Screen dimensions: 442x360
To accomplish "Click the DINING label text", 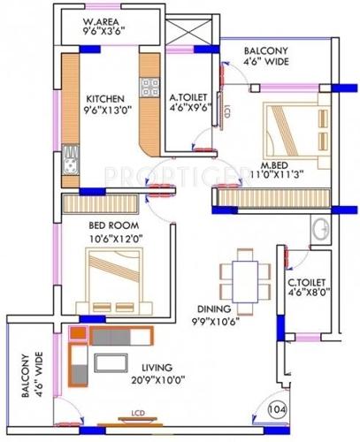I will tap(215, 309).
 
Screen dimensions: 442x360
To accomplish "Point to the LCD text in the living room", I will tap(136, 413).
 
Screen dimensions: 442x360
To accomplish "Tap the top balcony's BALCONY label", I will tap(265, 51).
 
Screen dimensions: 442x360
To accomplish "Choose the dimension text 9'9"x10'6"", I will tap(215, 322).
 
